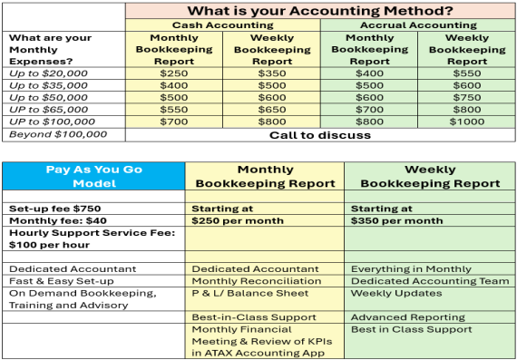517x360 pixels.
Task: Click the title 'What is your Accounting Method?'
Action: tap(320, 11)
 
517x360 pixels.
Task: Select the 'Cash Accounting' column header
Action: tap(222, 25)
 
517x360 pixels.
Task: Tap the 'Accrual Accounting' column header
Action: tap(417, 25)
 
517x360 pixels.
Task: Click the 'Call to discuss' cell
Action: tap(320, 135)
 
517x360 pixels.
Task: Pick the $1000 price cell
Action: tap(465, 122)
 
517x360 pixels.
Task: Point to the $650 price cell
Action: tap(271, 109)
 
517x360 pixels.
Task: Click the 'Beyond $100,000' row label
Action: tap(56, 134)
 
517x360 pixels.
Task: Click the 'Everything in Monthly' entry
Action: tap(409, 268)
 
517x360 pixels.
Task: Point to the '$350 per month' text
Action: tap(396, 220)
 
